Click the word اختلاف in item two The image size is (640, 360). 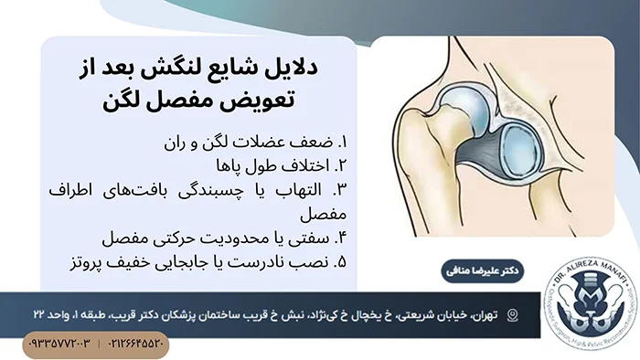coord(293,165)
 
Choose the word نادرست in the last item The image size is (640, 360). coord(253,263)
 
